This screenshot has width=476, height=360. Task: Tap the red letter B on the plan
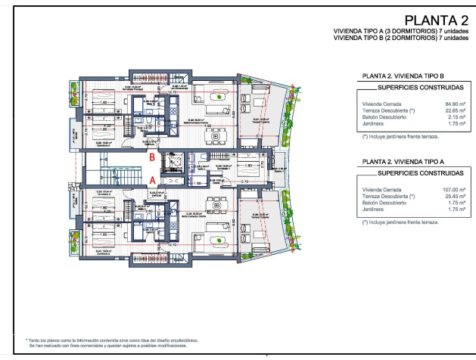coord(152,157)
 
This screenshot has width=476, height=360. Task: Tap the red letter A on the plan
coord(152,181)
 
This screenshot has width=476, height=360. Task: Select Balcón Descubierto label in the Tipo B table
coord(383,117)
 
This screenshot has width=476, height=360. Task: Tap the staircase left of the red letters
coord(114,168)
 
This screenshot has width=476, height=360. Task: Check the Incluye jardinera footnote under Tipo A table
coord(400,222)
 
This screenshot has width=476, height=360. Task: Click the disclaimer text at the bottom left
coord(114,343)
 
